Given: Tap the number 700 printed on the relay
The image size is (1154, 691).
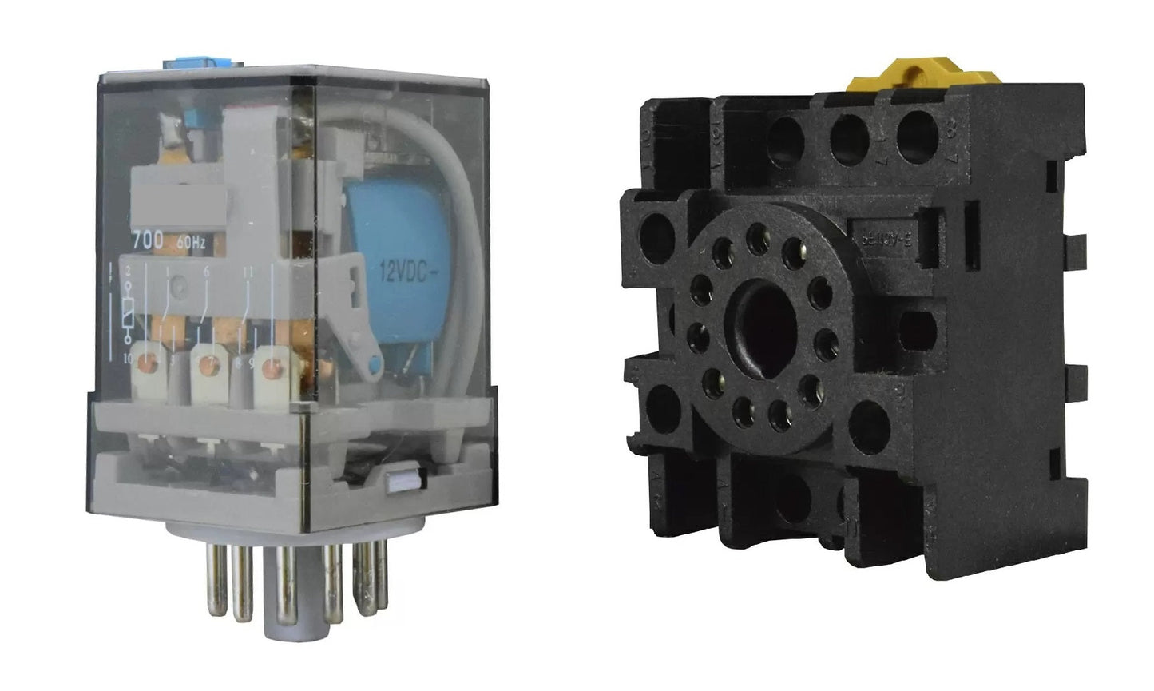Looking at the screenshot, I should point(149,238).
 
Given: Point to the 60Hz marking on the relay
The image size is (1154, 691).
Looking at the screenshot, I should point(189,240).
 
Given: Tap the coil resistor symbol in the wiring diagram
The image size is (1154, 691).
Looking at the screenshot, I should point(127,316).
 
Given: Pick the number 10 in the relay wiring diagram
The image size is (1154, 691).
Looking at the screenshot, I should point(129,359).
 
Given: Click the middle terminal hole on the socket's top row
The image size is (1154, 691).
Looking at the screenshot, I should point(849,141).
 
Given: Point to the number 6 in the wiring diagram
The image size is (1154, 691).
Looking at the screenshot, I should point(206,272).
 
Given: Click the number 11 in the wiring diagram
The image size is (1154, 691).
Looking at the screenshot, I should point(248,273).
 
